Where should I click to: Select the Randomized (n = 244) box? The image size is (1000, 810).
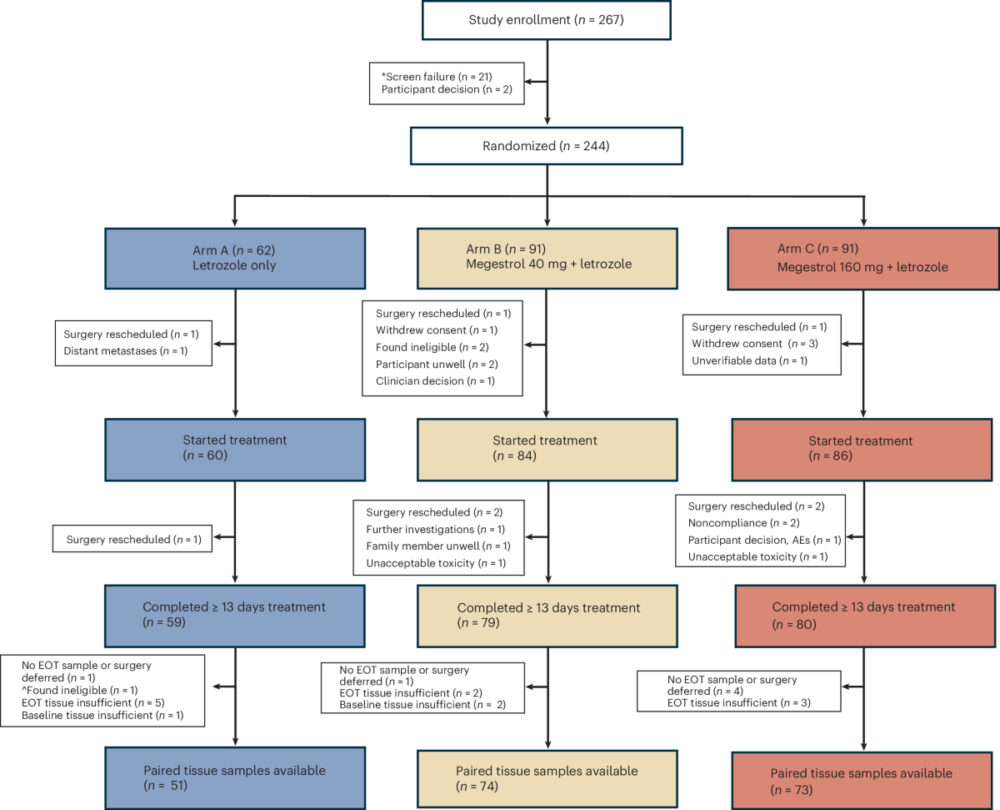point(547,146)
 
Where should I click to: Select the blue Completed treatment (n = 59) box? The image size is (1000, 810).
point(235,616)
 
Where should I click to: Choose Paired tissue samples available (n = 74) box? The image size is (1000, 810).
point(547,779)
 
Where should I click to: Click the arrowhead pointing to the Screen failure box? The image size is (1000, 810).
point(530,82)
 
